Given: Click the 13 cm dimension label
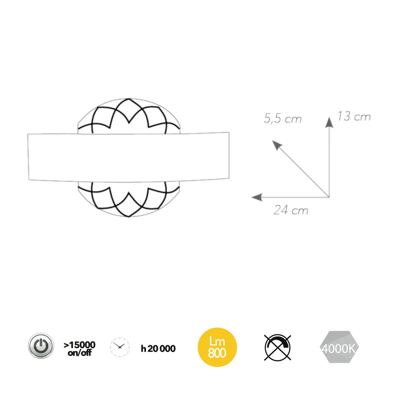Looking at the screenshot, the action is pos(354,116).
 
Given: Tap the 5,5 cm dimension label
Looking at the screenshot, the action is pos(282,118).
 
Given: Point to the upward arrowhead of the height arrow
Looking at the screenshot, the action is pos(329,123).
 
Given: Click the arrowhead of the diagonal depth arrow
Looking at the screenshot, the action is pos(277,145).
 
